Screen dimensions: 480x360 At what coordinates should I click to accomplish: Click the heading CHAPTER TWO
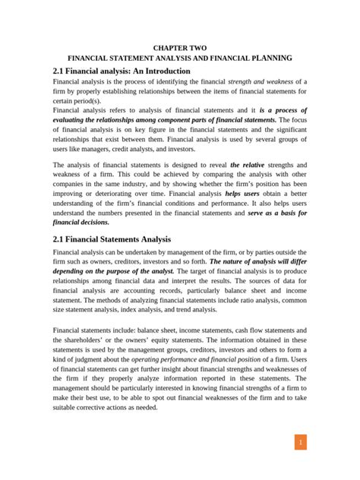180,47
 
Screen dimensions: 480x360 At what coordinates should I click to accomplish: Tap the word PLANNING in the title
271,58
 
